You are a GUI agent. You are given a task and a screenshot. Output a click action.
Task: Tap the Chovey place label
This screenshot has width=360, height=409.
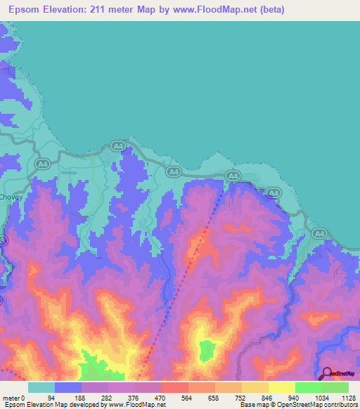pos(13,197)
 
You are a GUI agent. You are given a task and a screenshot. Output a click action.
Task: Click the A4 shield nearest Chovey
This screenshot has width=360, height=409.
pos(41,164)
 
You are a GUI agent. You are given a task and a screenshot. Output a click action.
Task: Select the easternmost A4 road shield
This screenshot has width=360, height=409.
pos(319,233)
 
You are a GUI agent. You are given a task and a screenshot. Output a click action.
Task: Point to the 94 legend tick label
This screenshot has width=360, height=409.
pos(51,396)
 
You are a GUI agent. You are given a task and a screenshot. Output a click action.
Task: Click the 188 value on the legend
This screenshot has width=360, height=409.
pos(79,396)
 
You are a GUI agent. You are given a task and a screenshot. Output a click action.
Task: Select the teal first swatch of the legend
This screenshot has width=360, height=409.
pos(41,387)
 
